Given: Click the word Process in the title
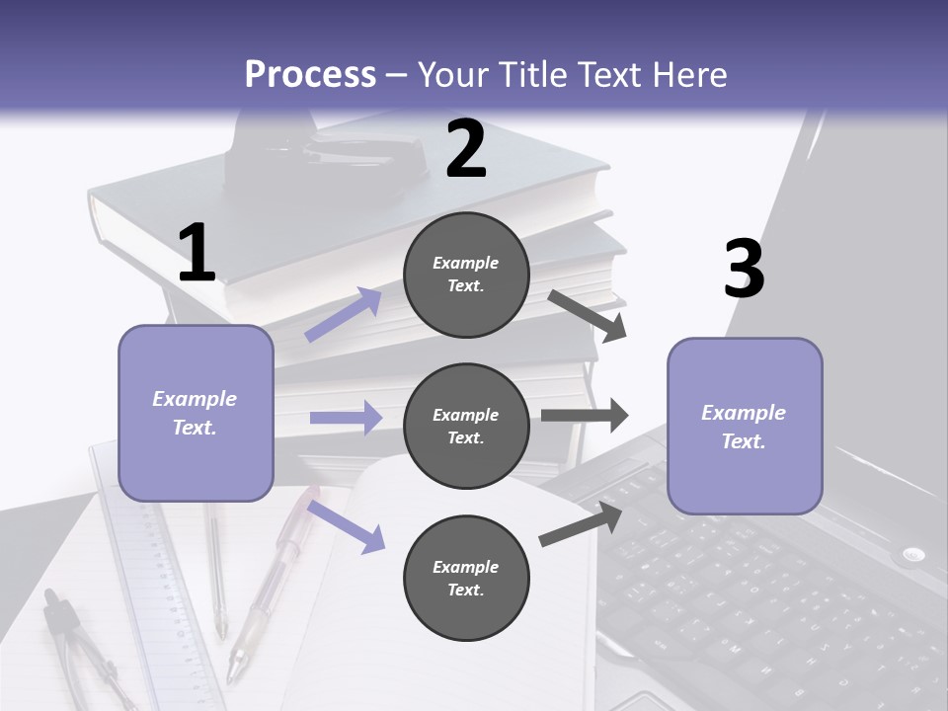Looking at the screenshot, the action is [310, 75].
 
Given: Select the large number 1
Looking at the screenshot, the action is [197, 252].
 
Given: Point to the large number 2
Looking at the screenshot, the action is [465, 149].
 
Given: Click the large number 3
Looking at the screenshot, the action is [745, 269].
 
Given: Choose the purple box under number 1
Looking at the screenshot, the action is [196, 413].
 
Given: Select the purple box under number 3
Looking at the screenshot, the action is [745, 427].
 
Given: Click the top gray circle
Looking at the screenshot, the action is [466, 275].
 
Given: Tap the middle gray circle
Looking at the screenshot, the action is [466, 427].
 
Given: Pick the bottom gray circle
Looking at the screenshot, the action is [466, 578].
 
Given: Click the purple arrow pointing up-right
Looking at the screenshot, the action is [344, 314].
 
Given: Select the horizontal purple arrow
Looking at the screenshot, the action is [346, 417].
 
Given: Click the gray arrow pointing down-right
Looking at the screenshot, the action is [587, 316].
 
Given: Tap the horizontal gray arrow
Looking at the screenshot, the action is [585, 416].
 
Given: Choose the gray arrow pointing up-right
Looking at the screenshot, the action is [581, 524].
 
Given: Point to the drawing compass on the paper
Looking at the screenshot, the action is [85, 647].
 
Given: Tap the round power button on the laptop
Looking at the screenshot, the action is [912, 554].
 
